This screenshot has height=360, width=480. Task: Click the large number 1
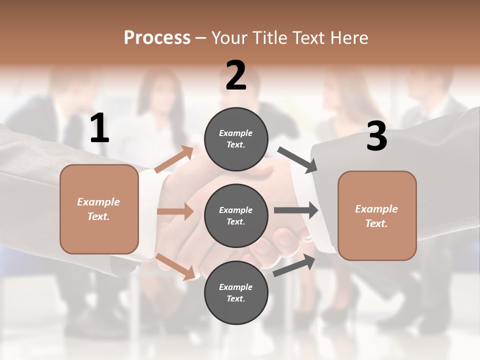[x=99, y=128]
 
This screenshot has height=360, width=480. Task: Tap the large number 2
[x=236, y=75]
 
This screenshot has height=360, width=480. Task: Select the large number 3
[x=376, y=136]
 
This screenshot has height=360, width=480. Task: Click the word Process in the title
[x=157, y=37]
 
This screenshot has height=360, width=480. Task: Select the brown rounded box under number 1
[x=99, y=209]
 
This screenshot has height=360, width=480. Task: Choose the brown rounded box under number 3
[x=377, y=215]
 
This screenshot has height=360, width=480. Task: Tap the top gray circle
[x=236, y=139]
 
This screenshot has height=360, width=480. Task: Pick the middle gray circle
[x=236, y=216]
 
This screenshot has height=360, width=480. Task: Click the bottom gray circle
[x=236, y=292]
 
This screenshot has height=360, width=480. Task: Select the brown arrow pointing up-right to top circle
[x=174, y=159]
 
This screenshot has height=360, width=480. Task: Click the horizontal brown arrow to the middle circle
[x=175, y=211]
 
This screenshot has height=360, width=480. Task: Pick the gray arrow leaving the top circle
[x=297, y=160]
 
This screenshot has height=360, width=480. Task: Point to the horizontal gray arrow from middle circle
[x=296, y=210]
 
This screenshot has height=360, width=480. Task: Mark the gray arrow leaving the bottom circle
[x=294, y=265]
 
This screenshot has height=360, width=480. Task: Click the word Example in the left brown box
[x=98, y=202]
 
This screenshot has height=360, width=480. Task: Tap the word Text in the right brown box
[x=376, y=223]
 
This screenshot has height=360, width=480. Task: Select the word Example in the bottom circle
[x=236, y=287]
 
